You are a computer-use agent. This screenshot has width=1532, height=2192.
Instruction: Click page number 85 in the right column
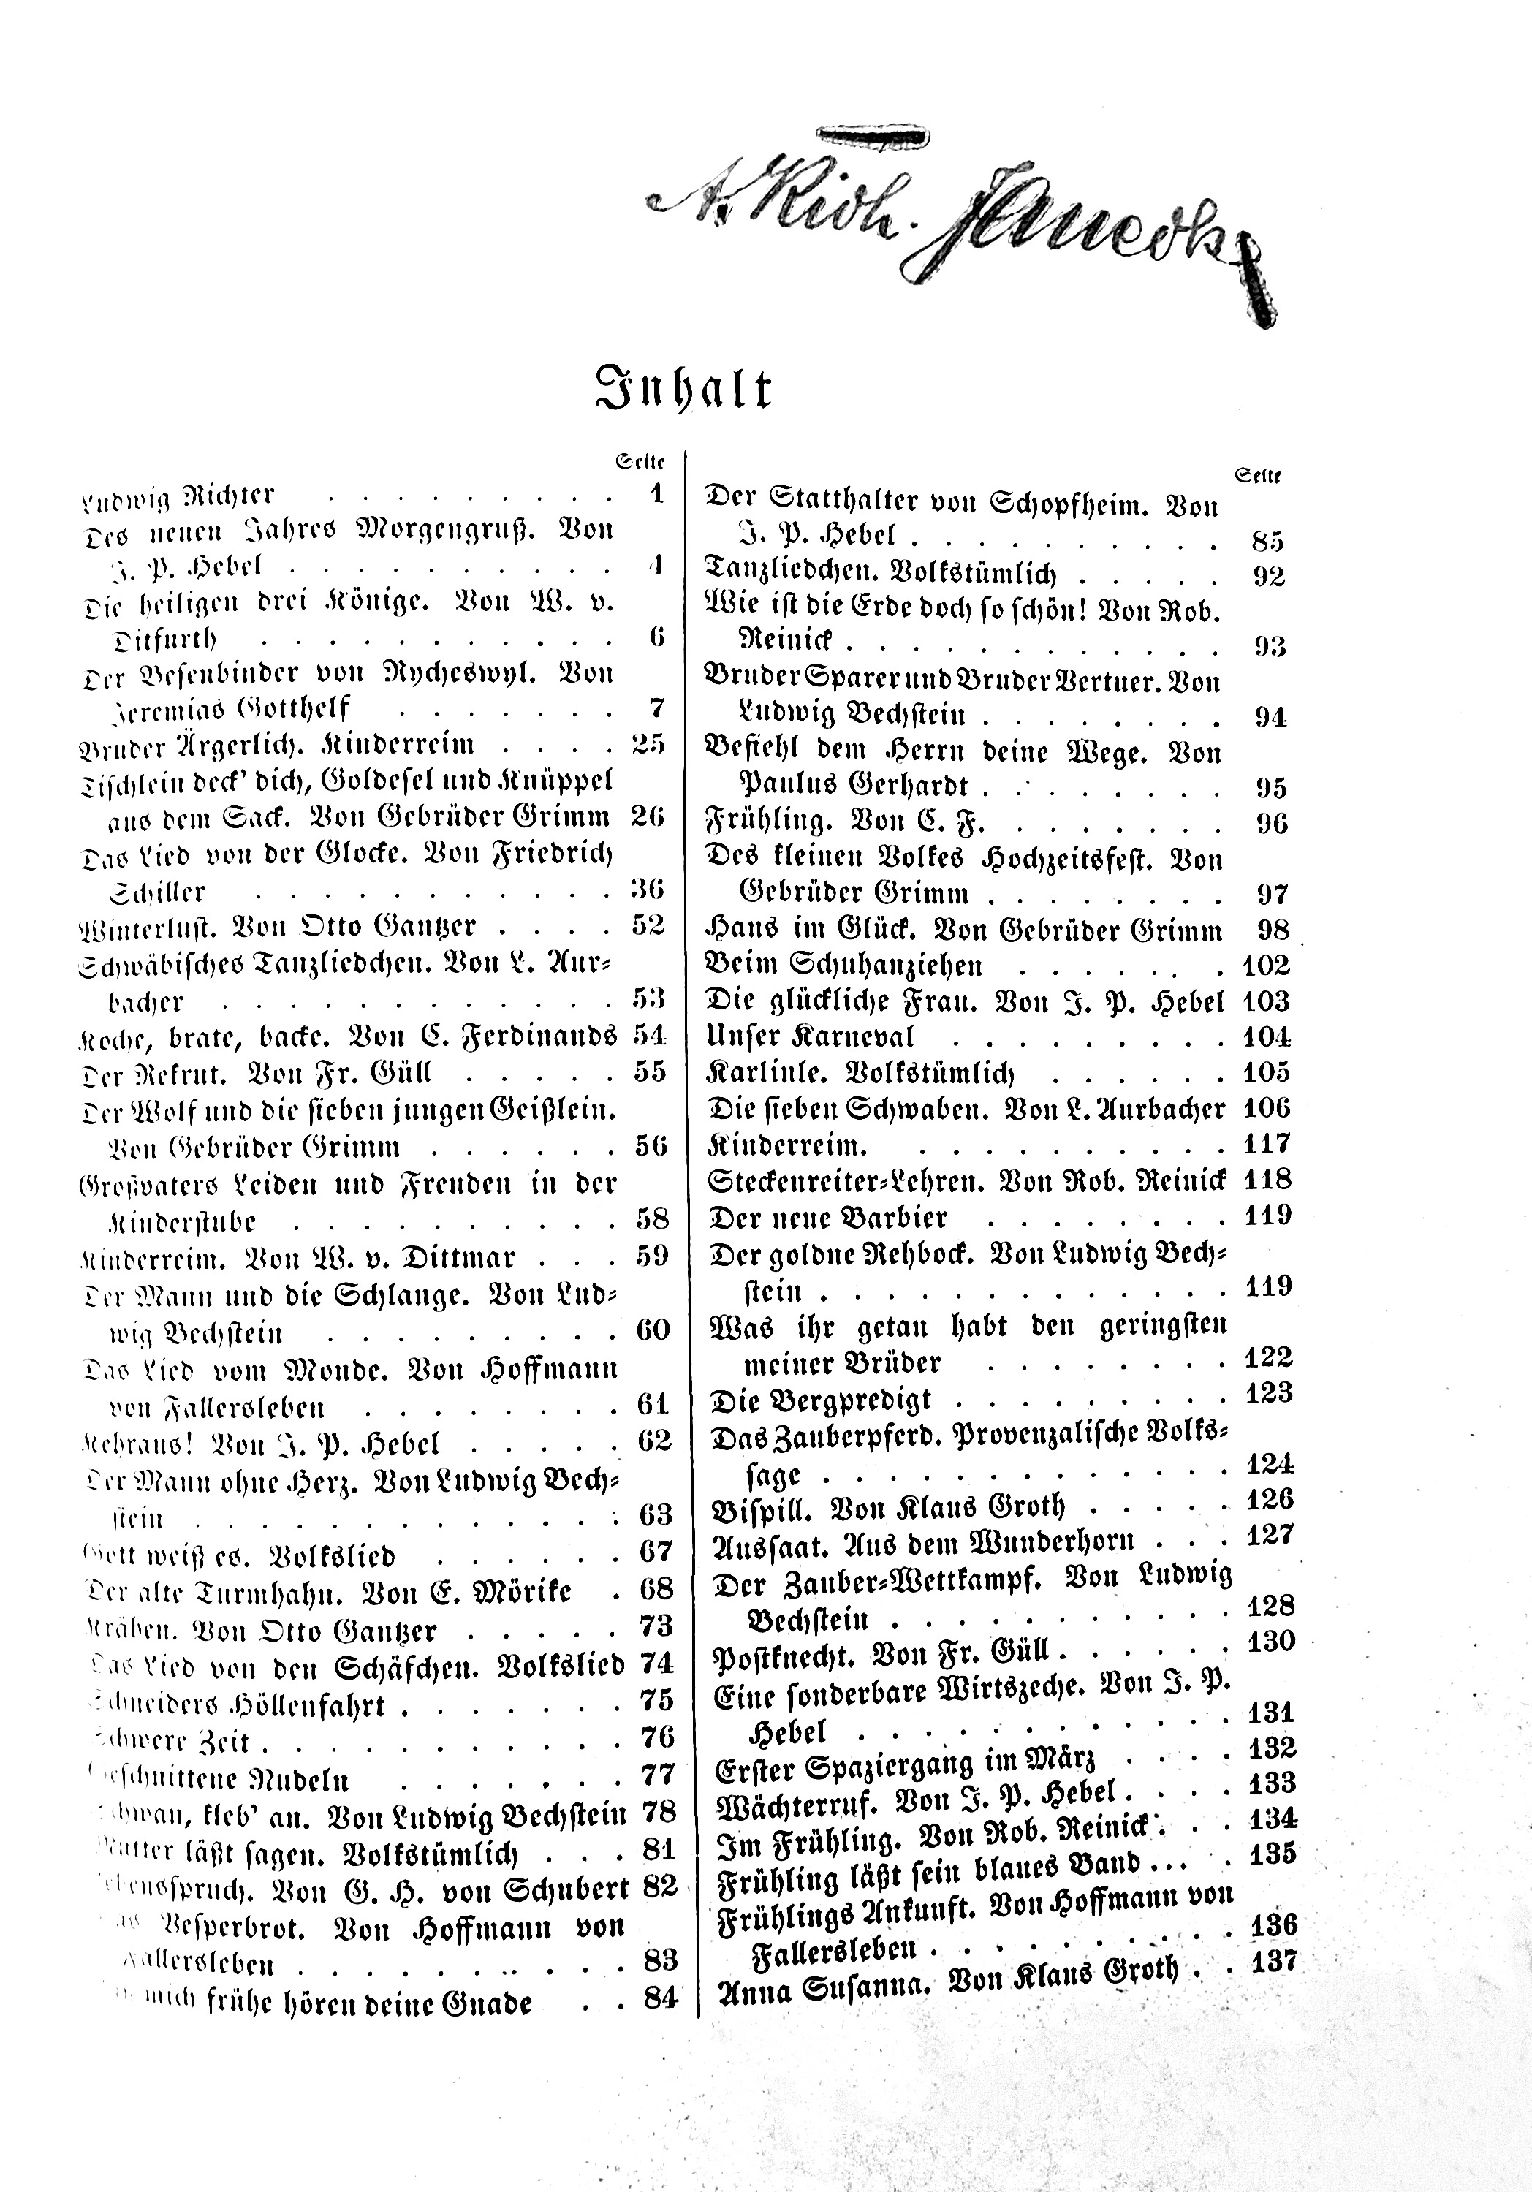click(1267, 542)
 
